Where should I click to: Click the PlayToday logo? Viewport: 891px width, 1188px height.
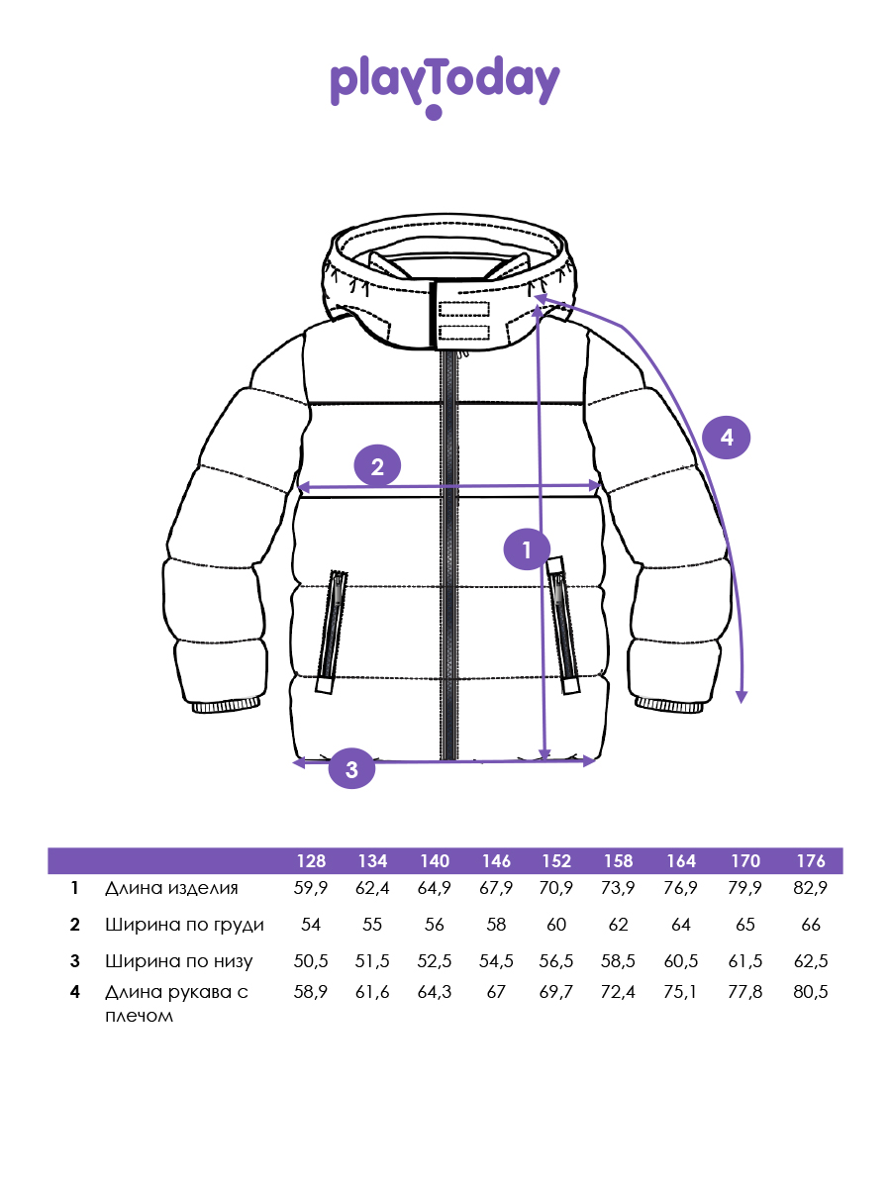(x=445, y=86)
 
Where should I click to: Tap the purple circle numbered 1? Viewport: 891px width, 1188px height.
(x=527, y=549)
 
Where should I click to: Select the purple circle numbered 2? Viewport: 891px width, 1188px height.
(x=377, y=466)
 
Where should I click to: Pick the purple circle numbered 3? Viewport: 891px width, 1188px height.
(x=351, y=768)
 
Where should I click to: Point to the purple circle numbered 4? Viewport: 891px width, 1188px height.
(x=726, y=438)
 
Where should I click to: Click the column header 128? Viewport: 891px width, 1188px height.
(x=311, y=860)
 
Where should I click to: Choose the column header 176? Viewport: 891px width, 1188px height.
(x=811, y=860)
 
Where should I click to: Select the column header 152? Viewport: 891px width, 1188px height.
(x=556, y=860)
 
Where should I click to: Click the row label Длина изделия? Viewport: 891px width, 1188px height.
(x=171, y=888)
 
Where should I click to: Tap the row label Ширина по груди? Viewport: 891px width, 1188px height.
(x=184, y=925)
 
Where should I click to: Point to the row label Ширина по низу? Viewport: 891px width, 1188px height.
(x=178, y=960)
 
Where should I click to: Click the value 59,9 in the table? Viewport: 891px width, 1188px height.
(x=311, y=888)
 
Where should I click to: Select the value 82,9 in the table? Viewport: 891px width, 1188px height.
(x=811, y=888)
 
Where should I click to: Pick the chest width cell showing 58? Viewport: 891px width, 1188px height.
(x=496, y=925)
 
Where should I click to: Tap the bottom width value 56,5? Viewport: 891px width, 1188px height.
(x=556, y=960)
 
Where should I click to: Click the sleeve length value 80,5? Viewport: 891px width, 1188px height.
(x=811, y=992)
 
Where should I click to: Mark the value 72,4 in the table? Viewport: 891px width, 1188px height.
(x=618, y=992)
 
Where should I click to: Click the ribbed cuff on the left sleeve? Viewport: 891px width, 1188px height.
(x=226, y=705)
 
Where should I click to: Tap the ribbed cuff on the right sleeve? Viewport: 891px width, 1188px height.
(x=670, y=705)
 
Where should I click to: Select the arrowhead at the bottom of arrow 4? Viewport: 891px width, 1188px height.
(x=742, y=698)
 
